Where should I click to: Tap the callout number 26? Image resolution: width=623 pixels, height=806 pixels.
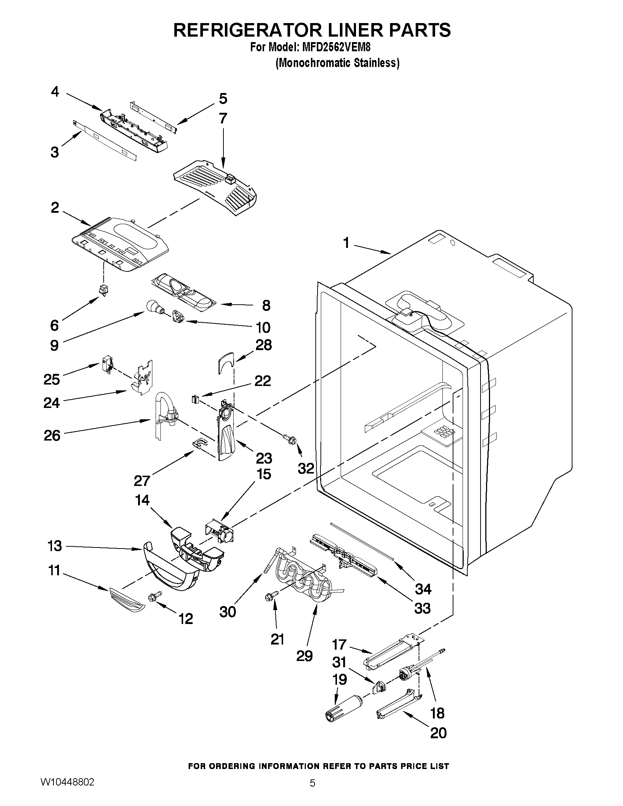52,435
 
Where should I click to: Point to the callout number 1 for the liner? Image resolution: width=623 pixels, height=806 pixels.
346,243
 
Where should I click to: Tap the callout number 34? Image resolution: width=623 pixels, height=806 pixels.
423,589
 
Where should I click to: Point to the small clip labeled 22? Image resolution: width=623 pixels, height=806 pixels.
195,399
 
